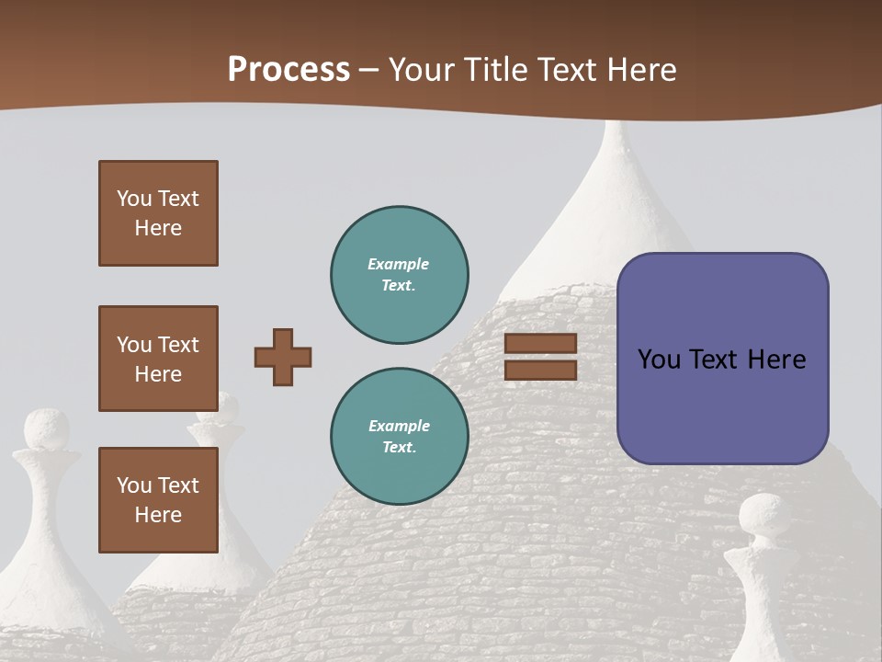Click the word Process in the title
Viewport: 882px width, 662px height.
[x=288, y=70]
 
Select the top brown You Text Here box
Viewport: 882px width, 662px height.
[x=158, y=213]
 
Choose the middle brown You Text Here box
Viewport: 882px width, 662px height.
[x=158, y=359]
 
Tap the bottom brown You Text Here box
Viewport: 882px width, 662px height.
[x=158, y=499]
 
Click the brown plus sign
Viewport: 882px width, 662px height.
[x=283, y=357]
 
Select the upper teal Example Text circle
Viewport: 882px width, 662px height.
[x=399, y=274]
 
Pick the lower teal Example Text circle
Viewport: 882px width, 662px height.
[x=399, y=436]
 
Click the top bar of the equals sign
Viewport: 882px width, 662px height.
[x=540, y=343]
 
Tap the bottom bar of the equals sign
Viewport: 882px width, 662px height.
[x=540, y=370]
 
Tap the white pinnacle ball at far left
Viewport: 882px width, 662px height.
[x=46, y=429]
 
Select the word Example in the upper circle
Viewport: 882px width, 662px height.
[x=398, y=264]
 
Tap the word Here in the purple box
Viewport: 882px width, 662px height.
[x=776, y=360]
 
